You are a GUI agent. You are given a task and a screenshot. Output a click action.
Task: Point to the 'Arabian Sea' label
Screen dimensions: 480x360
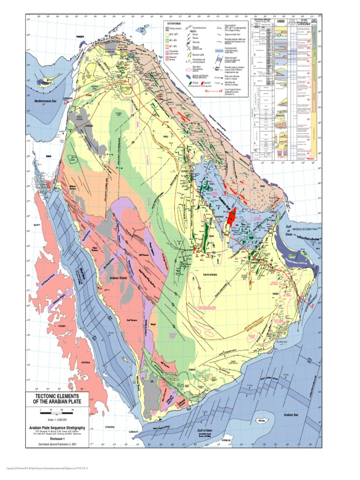(291, 415)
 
